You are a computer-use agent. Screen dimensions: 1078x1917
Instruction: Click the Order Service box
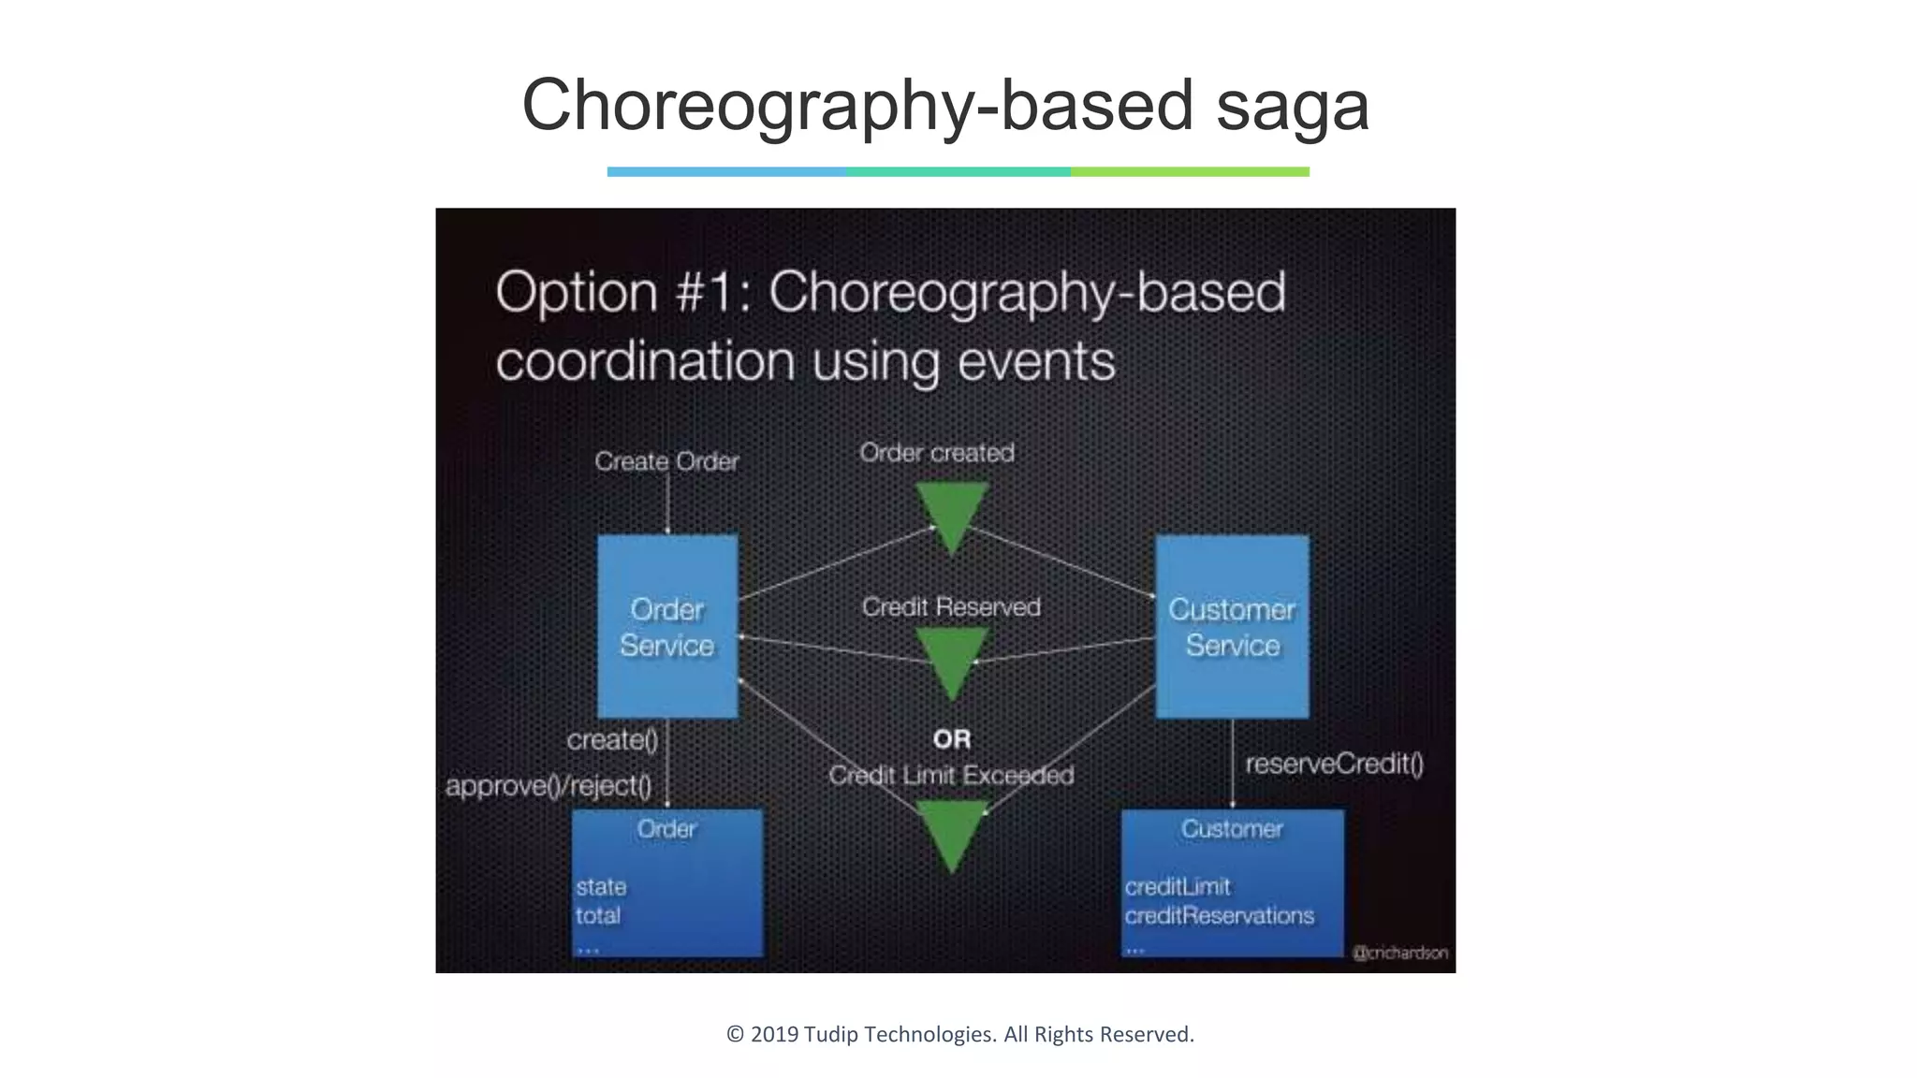[x=667, y=626]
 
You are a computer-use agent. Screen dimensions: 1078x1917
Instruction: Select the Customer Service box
[x=1232, y=626]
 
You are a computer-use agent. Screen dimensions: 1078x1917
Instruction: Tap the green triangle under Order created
[x=951, y=515]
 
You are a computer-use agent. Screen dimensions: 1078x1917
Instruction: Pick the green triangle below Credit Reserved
[x=951, y=660]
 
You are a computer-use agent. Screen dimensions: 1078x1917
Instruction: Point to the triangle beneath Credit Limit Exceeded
[x=951, y=831]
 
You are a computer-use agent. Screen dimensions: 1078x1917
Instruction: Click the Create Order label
[x=666, y=461]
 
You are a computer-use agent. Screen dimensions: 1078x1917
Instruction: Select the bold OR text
[x=952, y=739]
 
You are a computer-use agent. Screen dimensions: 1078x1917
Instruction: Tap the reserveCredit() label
[x=1334, y=764]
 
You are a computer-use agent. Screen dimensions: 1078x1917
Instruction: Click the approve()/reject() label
[x=549, y=785]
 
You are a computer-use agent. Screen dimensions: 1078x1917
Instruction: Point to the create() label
[x=612, y=739]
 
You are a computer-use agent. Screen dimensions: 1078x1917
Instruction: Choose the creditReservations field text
[x=1219, y=915]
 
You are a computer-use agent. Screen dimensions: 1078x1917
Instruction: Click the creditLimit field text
[x=1178, y=886]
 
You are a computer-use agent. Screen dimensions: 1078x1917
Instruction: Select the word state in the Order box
[x=601, y=886]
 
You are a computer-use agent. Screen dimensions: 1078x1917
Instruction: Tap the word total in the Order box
[x=598, y=915]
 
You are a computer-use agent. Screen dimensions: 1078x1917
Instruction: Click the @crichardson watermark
[x=1400, y=953]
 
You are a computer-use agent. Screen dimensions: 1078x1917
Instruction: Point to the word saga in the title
[x=1293, y=105]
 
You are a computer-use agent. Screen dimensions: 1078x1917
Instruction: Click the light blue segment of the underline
[x=726, y=172]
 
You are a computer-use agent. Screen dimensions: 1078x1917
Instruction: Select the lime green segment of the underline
[x=1190, y=172]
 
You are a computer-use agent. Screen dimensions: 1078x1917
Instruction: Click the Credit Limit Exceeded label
[x=951, y=775]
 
